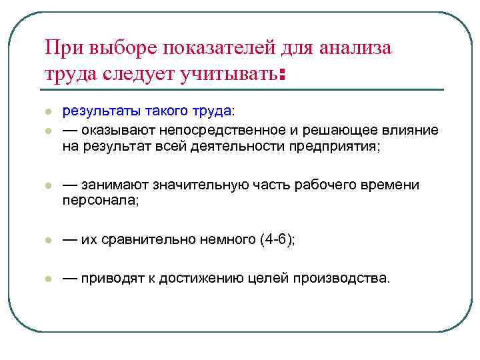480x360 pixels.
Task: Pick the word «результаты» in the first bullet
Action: (x=97, y=111)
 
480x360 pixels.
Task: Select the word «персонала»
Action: (x=99, y=201)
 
